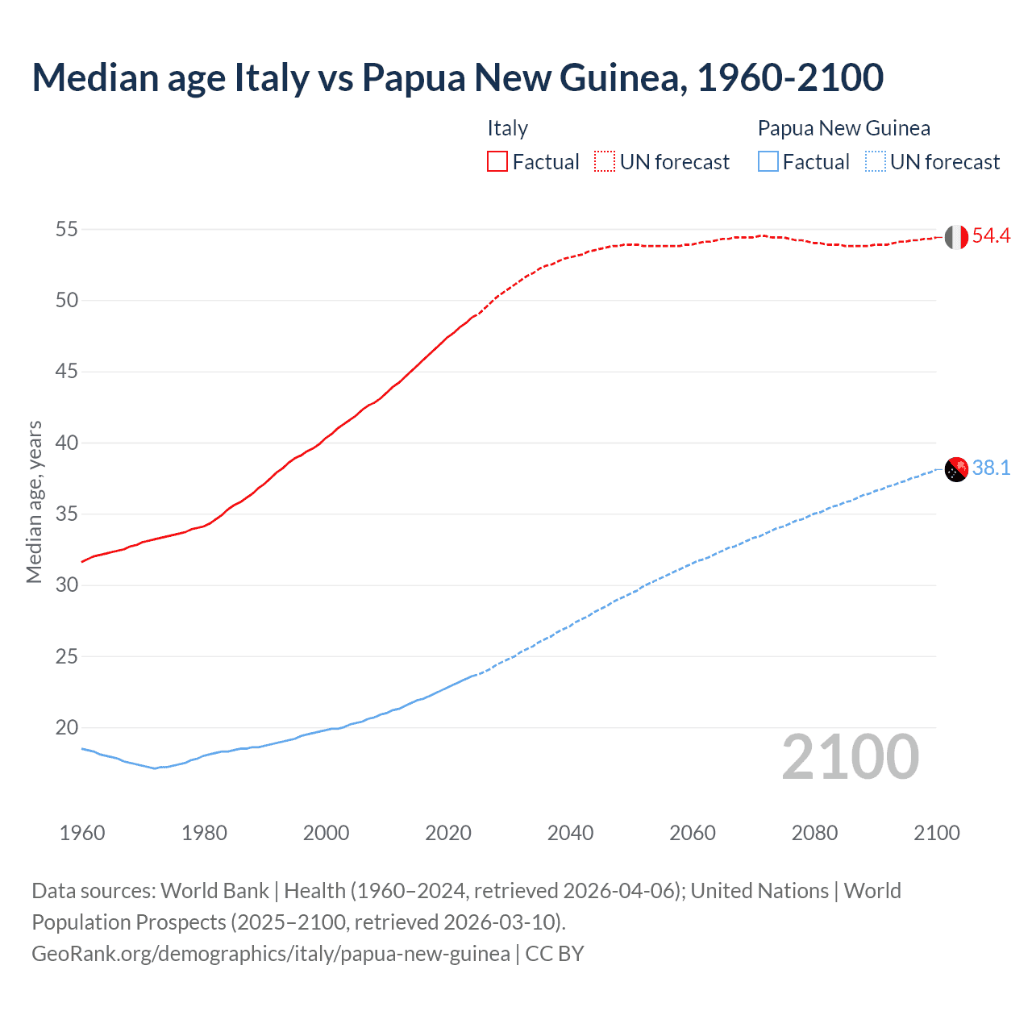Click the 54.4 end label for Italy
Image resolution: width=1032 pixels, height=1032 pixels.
[991, 236]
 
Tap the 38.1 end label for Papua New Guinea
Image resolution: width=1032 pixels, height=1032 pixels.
[991, 468]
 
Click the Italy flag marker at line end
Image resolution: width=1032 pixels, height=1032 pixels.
[956, 237]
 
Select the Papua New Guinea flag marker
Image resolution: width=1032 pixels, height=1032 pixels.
[956, 468]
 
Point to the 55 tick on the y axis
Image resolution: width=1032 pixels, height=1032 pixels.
[67, 230]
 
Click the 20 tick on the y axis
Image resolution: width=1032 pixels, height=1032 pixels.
[67, 728]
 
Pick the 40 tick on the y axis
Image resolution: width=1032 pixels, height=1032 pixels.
[67, 443]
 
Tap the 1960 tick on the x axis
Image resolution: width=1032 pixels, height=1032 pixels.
[82, 833]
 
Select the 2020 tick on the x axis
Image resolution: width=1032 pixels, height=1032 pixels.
[448, 833]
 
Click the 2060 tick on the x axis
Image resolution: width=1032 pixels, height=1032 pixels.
[693, 833]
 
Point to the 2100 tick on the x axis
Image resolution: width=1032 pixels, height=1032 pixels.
[936, 833]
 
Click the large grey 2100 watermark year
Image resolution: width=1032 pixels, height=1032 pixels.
[851, 757]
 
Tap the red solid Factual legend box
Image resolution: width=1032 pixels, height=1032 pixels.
[497, 162]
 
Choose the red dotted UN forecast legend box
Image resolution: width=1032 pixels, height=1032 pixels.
[605, 162]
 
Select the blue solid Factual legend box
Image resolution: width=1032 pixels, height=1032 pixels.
[768, 162]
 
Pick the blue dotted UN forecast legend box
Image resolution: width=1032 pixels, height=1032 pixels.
[875, 162]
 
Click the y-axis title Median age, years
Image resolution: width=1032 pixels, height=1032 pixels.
[34, 501]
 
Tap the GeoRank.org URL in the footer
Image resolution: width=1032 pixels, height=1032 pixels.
[270, 954]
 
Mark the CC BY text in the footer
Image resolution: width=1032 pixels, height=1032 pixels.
[555, 954]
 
